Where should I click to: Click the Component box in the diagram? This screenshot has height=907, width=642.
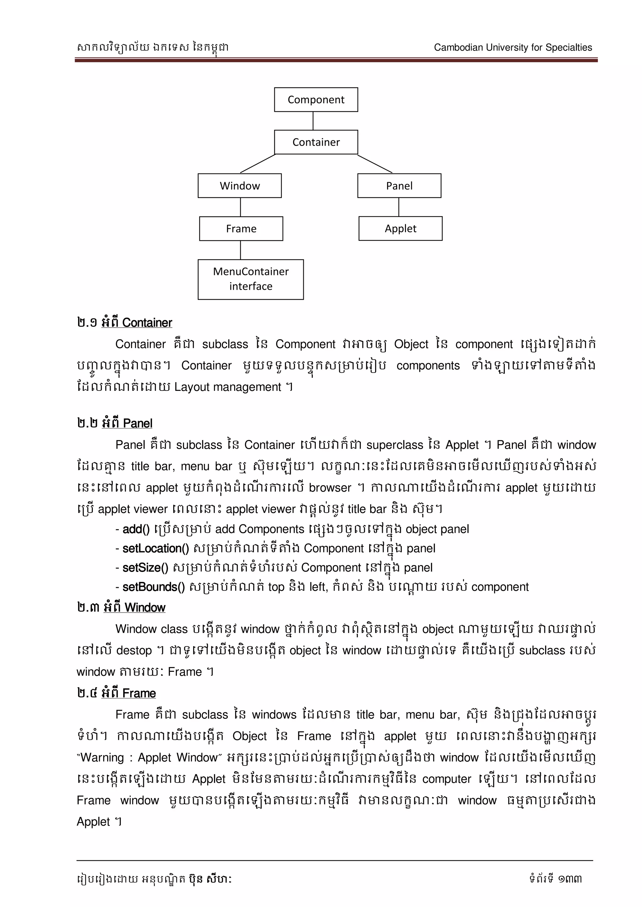pos(316,100)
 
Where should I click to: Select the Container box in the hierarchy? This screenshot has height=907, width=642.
pos(316,142)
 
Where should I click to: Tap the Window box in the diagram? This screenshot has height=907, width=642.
pos(239,186)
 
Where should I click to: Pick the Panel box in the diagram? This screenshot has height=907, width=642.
pos(399,186)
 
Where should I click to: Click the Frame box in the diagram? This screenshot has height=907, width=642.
pos(241,229)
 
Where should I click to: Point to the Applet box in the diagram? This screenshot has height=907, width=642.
pos(400,228)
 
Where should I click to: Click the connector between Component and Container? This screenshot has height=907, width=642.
pos(313,121)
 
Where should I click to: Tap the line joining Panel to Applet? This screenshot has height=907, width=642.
pos(399,207)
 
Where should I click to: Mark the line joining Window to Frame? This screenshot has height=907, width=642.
pos(240,207)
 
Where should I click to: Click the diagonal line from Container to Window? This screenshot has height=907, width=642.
pos(258,163)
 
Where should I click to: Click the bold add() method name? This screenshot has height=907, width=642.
pos(136,529)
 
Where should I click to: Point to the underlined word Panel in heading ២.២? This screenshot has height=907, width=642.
pos(138,423)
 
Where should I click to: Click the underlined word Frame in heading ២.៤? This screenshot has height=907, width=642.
pos(139,693)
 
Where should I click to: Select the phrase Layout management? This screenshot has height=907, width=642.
pos(227,387)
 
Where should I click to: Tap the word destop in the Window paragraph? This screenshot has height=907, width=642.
pos(134,650)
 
